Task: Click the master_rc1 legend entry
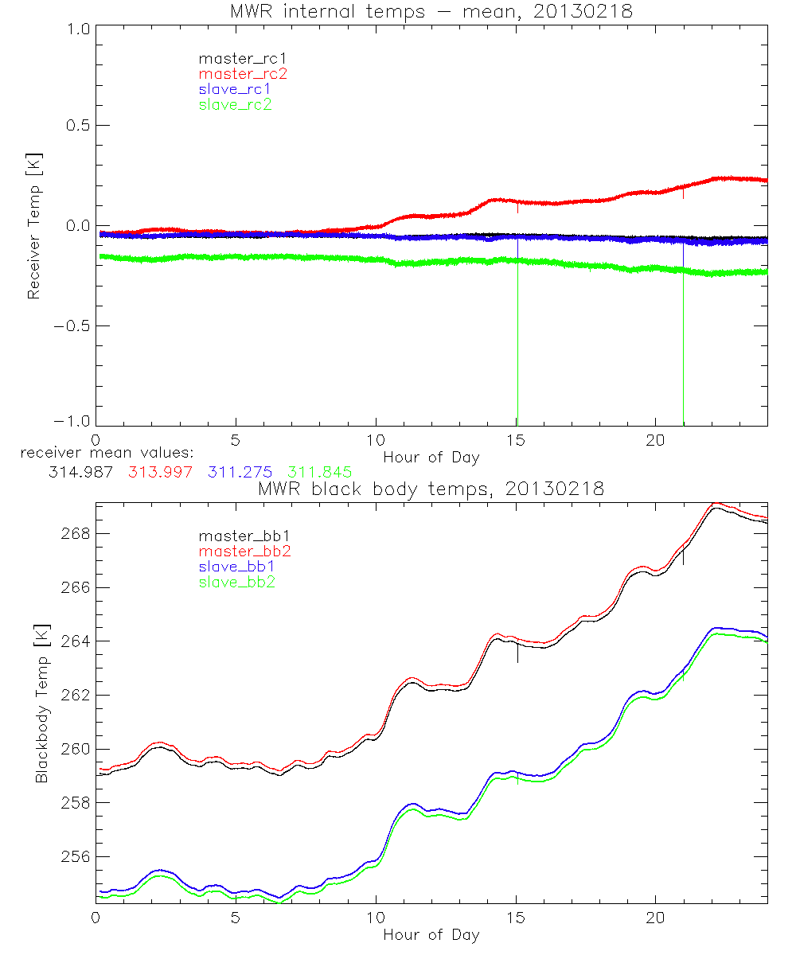235,59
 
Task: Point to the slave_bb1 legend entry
235,567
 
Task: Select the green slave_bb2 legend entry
235,582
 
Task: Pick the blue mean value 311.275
240,472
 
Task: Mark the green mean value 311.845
320,472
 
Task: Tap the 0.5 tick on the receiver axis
76,126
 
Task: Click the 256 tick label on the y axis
76,857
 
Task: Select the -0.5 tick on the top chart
72,326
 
